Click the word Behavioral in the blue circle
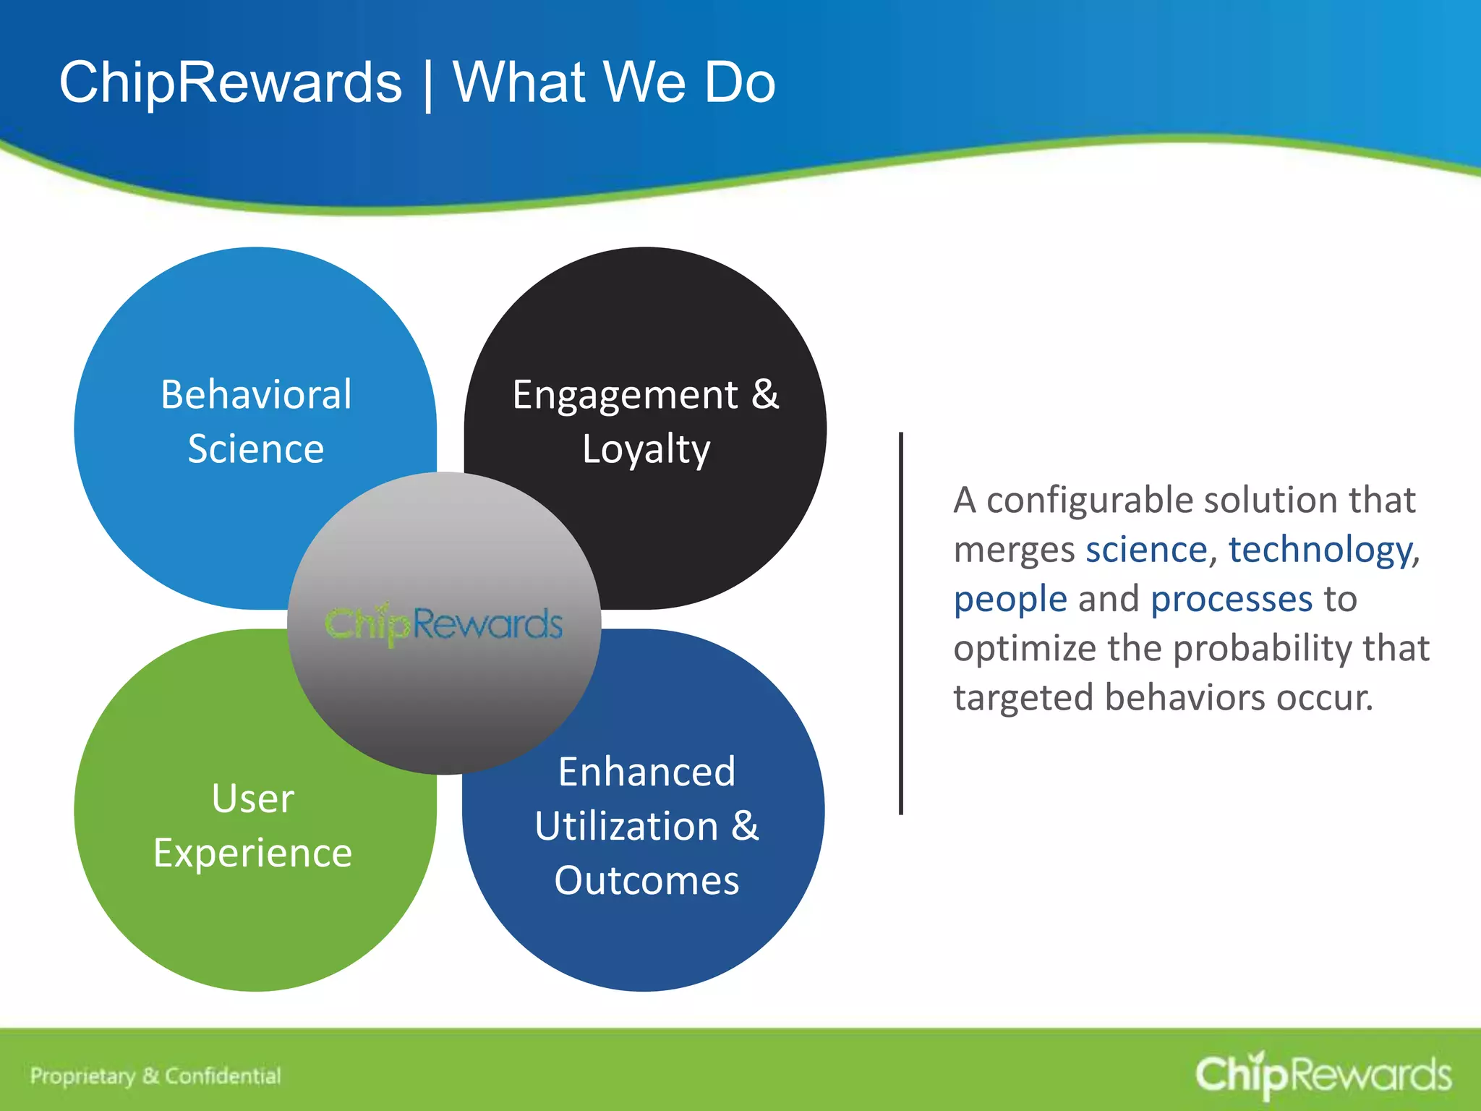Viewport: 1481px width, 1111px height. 256,395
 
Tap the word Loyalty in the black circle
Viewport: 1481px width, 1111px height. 646,450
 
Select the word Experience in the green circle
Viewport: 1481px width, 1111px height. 252,853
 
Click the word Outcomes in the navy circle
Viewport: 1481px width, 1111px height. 646,880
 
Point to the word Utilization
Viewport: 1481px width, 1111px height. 626,826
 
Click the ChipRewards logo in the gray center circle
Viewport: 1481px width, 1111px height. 444,624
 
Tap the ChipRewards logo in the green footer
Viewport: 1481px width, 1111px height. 1323,1075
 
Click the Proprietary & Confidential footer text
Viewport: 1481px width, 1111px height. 155,1076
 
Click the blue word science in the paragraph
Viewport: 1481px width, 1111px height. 1146,550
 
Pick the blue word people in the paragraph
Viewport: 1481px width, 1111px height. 1010,600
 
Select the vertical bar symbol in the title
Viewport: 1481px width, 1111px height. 428,84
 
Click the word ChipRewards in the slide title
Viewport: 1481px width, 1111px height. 230,82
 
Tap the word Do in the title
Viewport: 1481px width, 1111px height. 740,82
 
